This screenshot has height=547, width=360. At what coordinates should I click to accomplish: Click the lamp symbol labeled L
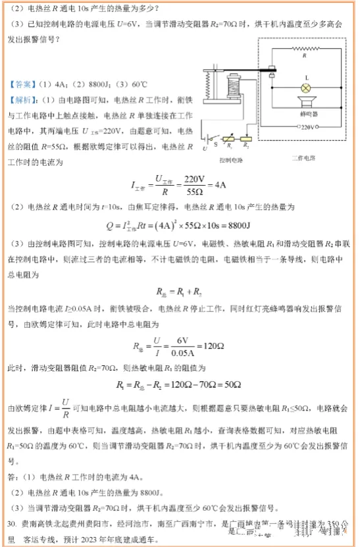pyautogui.click(x=305, y=87)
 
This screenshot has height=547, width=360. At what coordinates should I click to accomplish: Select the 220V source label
pyautogui.click(x=307, y=126)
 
